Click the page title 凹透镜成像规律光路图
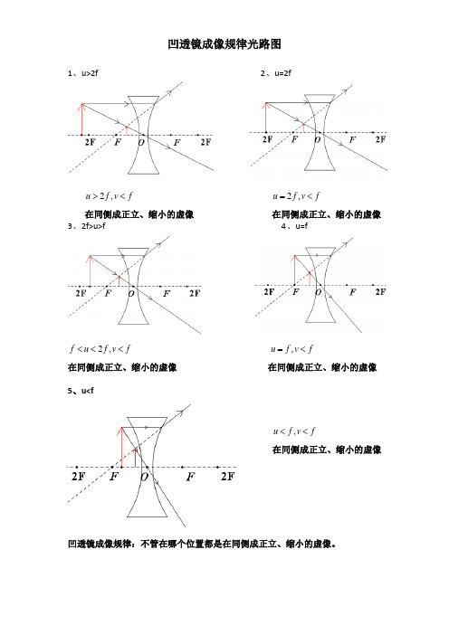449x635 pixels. [224, 43]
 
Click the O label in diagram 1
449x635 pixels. [142, 142]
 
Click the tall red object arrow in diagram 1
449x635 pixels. [83, 120]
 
